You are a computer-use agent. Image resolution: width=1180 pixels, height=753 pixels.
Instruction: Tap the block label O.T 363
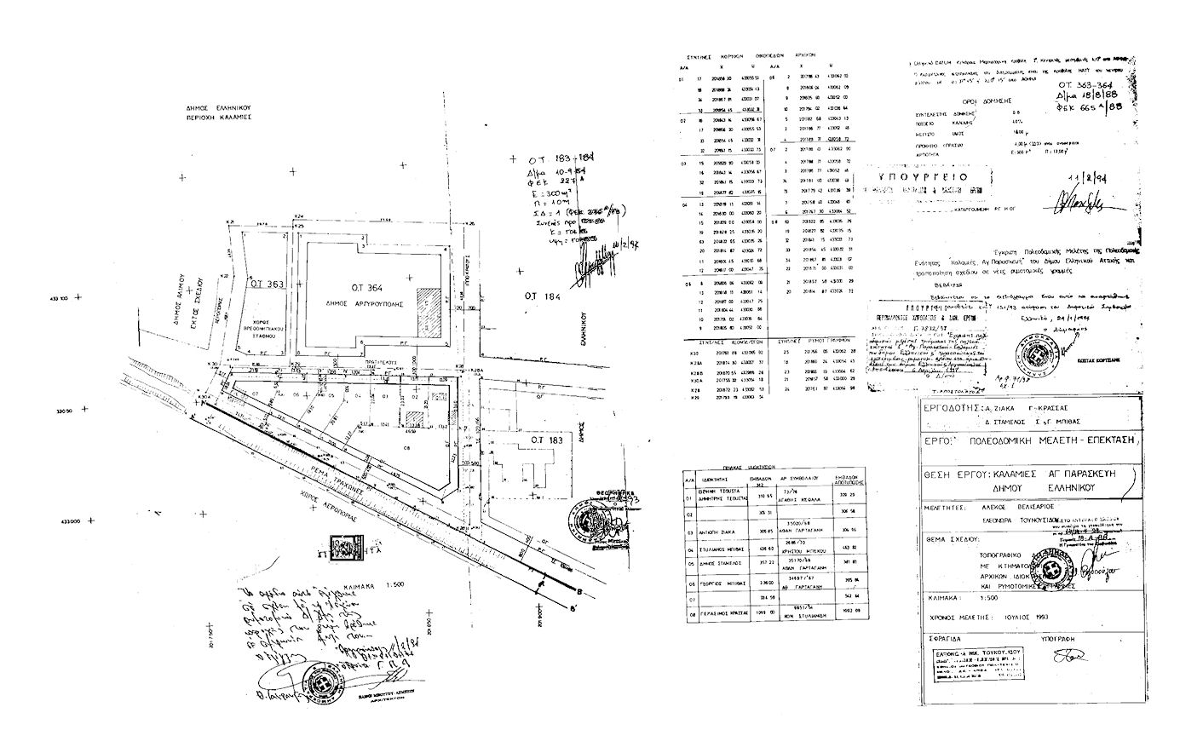point(266,284)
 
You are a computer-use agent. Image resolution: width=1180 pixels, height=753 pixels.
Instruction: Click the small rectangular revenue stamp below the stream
point(344,546)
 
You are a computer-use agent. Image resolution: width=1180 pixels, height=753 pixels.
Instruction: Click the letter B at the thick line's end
point(580,593)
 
